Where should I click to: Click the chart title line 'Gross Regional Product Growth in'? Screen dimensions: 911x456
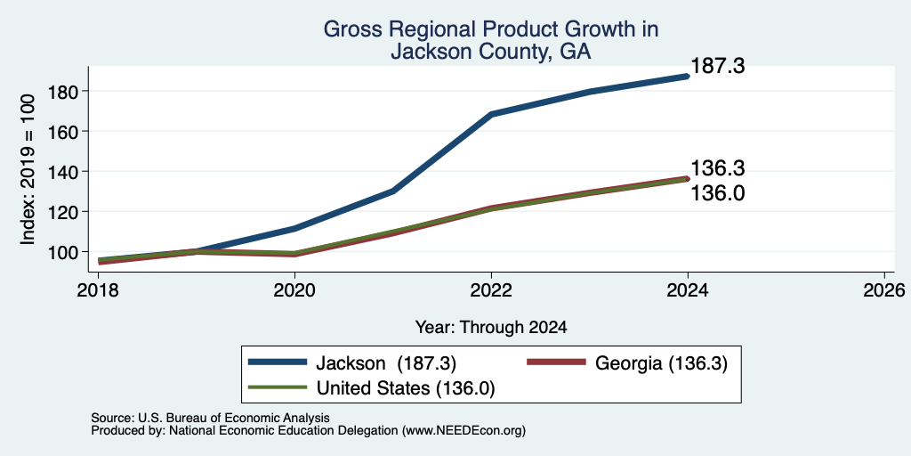pos(490,29)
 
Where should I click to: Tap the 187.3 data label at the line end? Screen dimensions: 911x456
pos(718,66)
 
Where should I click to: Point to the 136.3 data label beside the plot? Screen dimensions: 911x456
pos(718,168)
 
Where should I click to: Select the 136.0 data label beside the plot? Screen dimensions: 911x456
pos(718,193)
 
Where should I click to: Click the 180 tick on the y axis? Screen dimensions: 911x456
pos(64,92)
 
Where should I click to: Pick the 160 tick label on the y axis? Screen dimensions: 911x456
pos(64,132)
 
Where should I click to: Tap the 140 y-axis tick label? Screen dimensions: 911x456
pos(64,172)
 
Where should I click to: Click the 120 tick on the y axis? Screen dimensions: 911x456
pos(64,212)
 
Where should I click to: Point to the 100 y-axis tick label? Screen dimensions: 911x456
pos(64,252)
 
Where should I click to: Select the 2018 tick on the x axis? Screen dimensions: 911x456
pos(98,289)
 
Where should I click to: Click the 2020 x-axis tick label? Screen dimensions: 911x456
pos(294,289)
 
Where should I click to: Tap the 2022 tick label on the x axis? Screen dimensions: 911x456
pos(491,289)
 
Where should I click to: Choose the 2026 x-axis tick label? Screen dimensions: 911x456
pos(884,289)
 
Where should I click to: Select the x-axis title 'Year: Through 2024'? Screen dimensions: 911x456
pos(491,328)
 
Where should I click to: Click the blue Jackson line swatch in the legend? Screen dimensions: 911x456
pos(278,362)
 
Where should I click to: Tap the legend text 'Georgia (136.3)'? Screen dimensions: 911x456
pos(661,363)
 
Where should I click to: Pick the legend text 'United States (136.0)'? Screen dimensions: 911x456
pos(406,388)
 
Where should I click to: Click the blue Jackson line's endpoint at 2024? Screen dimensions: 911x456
pos(688,77)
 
